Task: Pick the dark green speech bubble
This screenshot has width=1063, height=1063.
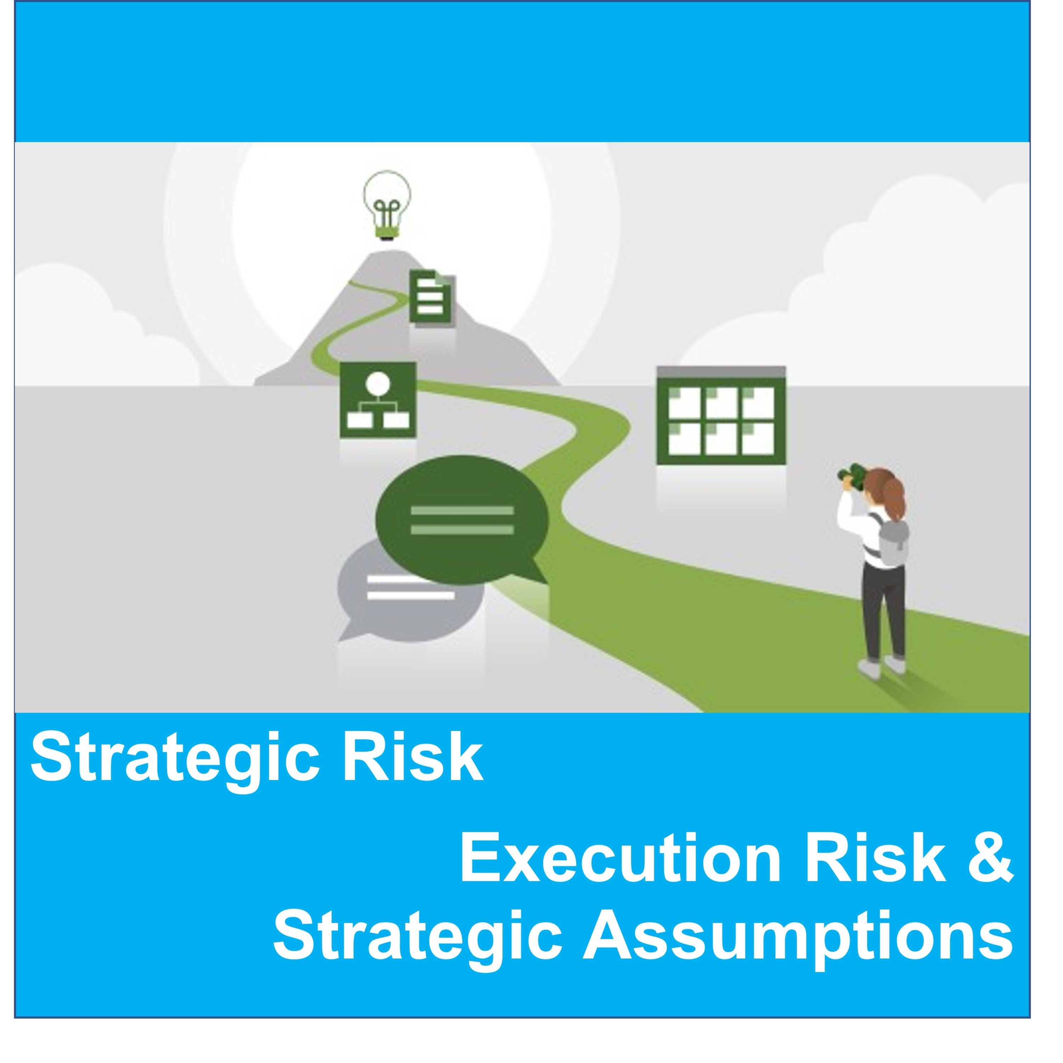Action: tap(462, 519)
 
